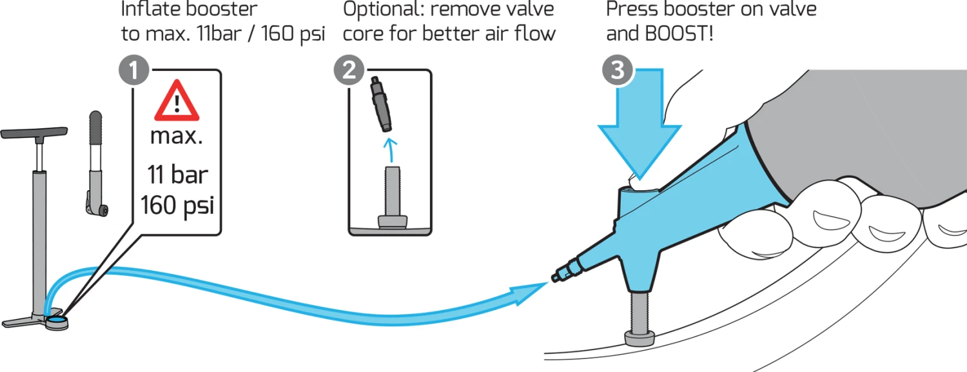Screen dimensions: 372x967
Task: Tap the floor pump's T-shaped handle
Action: [34, 133]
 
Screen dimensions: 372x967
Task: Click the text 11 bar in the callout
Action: [177, 175]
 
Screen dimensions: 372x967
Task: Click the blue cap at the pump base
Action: [58, 318]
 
